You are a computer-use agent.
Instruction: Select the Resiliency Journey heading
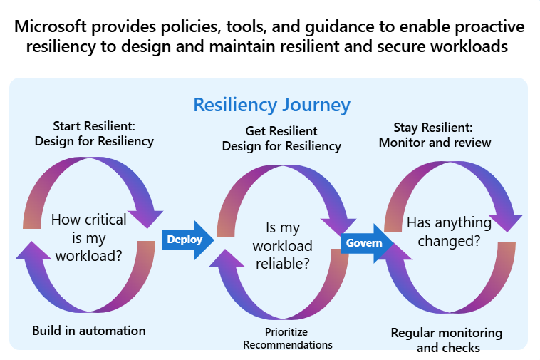pos(272,106)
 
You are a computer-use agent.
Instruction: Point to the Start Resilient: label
pos(94,126)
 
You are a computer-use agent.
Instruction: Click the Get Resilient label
pos(281,131)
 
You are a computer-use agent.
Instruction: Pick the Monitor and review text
pos(435,143)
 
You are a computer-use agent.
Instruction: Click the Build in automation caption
pos(89,331)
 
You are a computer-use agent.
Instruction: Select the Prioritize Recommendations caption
pos(287,339)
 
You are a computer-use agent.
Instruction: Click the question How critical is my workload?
pos(89,237)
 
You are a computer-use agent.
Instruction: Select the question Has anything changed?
pos(449,232)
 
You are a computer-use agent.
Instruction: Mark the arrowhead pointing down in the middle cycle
pos(339,217)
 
